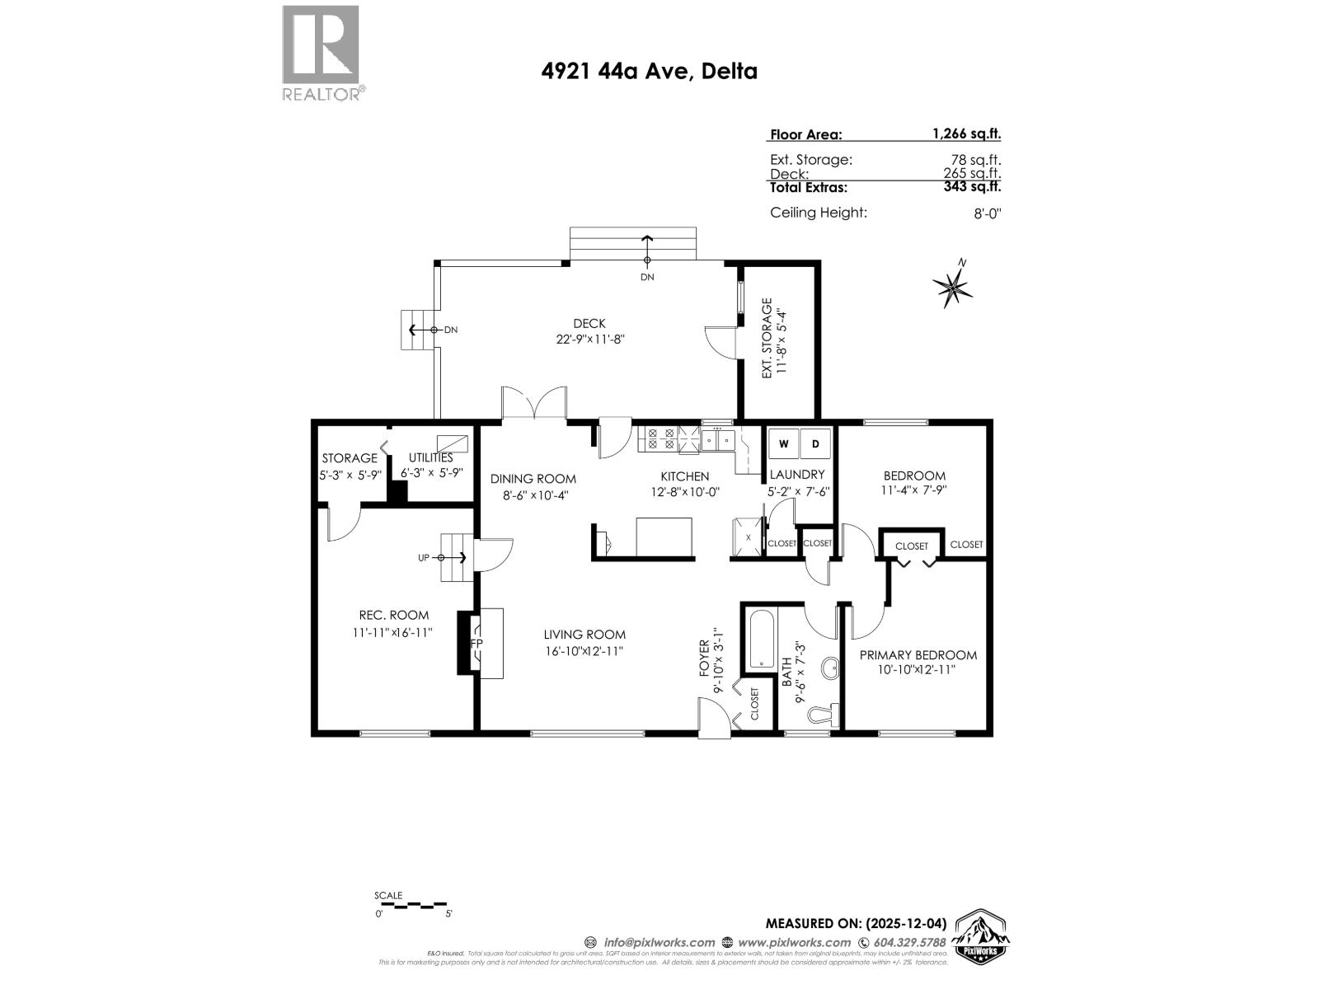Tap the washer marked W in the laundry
(783, 444)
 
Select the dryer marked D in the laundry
(816, 444)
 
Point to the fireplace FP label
(476, 643)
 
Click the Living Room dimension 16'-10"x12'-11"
(584, 651)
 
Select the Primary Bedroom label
(918, 655)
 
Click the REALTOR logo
(322, 53)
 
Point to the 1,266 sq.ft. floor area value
(966, 134)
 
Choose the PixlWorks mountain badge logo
(981, 936)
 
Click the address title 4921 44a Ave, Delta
(649, 71)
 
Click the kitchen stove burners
(661, 438)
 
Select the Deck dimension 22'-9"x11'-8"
(589, 339)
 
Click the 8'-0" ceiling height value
(987, 213)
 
